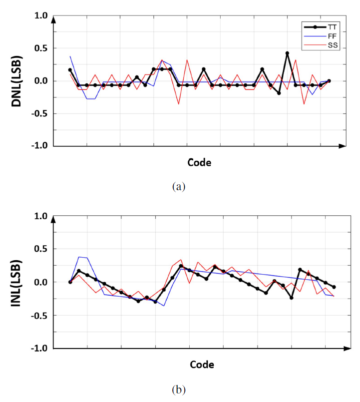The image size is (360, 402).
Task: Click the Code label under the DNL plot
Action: click(199, 162)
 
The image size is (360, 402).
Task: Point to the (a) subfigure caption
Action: click(178, 187)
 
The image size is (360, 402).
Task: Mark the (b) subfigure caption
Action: click(178, 388)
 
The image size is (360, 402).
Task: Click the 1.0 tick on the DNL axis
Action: click(41, 16)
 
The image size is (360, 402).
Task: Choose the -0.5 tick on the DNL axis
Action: click(39, 113)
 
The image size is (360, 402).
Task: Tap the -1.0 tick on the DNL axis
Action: click(39, 146)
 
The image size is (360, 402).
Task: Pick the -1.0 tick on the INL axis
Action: click(39, 348)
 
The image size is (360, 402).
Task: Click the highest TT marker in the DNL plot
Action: click(287, 53)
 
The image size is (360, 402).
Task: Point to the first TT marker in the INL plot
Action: click(70, 282)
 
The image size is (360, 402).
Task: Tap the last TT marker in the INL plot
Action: click(334, 287)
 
